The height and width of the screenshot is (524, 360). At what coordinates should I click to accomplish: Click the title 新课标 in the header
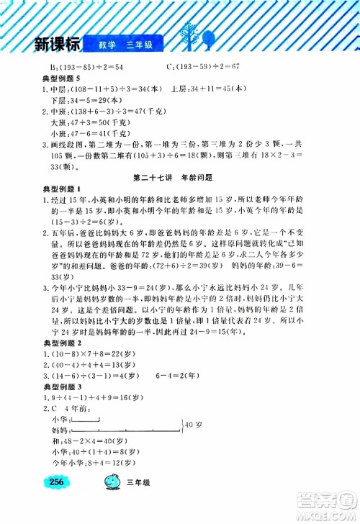(52, 45)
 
